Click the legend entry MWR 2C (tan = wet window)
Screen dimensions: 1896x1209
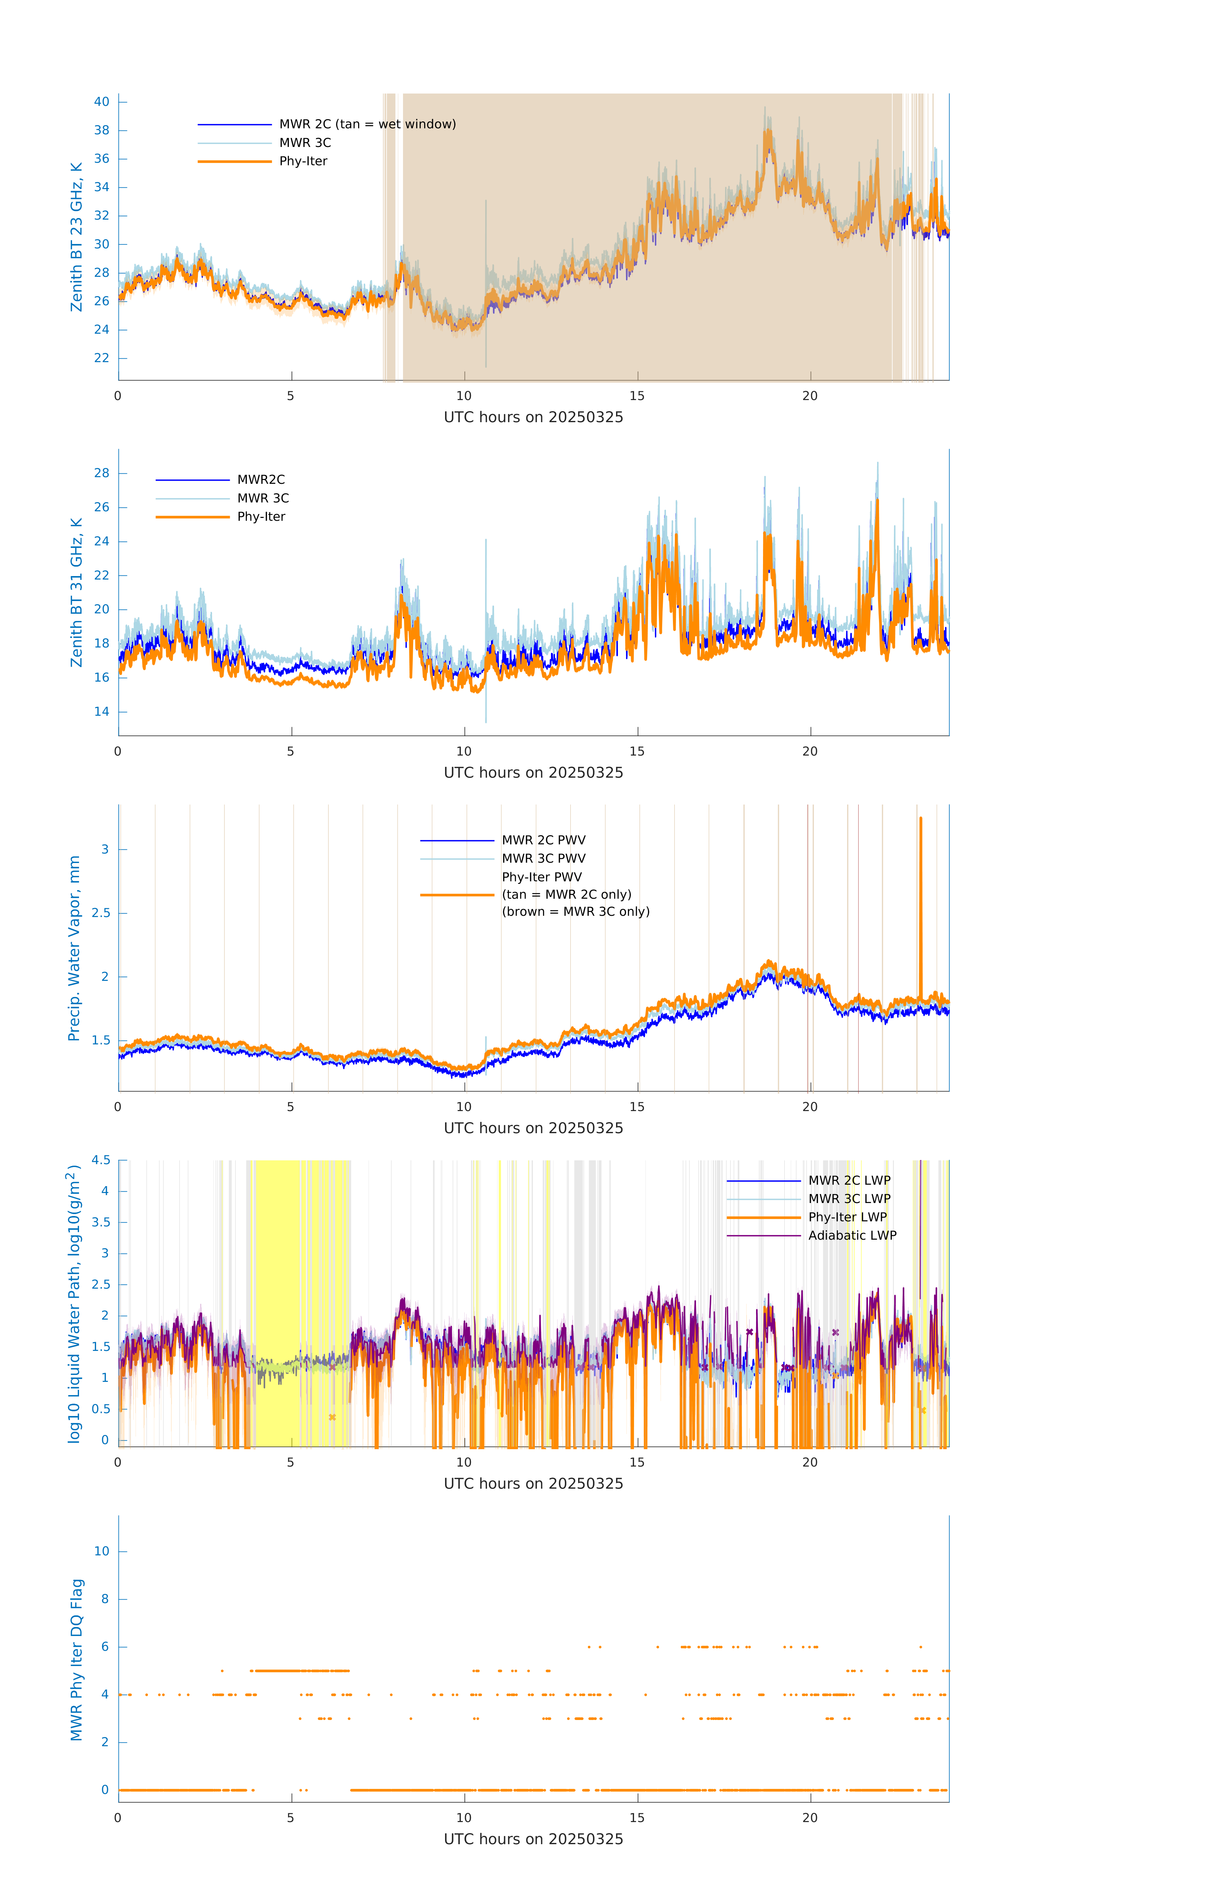(367, 125)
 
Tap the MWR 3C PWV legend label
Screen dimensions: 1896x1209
(543, 858)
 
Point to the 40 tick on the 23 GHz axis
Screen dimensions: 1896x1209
(101, 101)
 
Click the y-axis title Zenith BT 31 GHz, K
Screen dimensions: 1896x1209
(76, 592)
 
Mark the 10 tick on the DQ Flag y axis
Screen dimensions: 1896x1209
(101, 1551)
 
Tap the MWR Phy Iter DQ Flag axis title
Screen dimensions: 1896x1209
(76, 1659)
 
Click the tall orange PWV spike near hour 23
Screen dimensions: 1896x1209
(920, 905)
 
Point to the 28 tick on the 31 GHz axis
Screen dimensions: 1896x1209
(101, 473)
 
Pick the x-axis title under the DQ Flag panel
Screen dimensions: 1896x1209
(533, 1839)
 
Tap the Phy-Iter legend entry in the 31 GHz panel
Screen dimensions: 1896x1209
(261, 517)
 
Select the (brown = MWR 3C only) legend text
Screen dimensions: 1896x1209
(576, 912)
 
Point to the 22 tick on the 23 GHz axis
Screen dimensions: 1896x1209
(101, 358)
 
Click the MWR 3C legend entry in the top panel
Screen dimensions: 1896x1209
(305, 143)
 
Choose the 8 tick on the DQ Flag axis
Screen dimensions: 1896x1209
(105, 1599)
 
